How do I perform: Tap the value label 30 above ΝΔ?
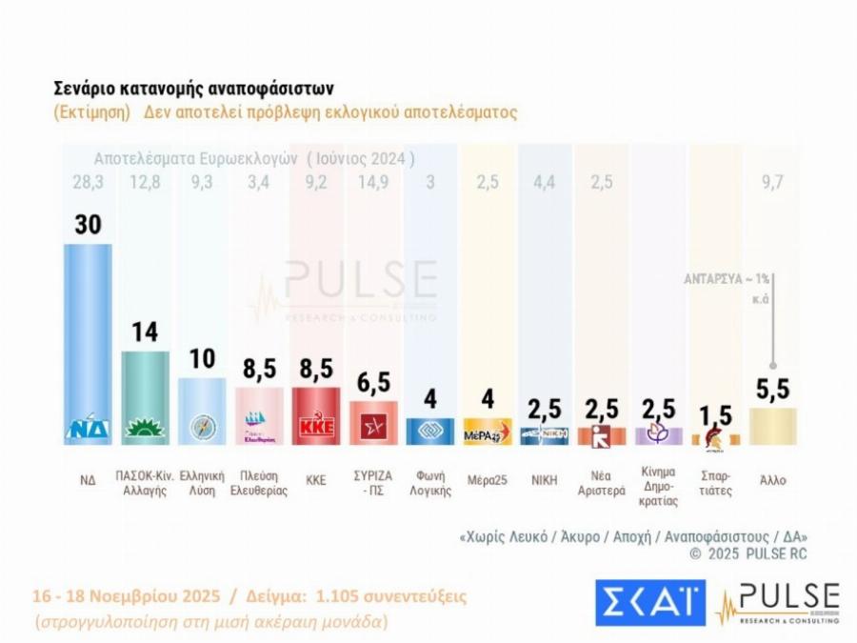[x=88, y=225]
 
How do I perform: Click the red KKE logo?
[x=316, y=426]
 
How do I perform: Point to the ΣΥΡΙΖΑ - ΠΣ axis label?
[x=373, y=487]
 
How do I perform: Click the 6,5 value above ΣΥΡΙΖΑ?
[x=373, y=382]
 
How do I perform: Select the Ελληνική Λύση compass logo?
[x=202, y=427]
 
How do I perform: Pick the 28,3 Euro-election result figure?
[x=88, y=182]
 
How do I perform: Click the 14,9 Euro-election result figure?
[x=373, y=182]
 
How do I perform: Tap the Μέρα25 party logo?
[x=488, y=432]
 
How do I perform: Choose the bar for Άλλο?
[x=773, y=425]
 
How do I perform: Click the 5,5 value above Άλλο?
[x=773, y=389]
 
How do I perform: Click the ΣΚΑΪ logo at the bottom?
[x=649, y=602]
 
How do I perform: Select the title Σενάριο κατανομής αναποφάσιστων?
[x=193, y=89]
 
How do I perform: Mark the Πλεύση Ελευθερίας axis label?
[x=259, y=487]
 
